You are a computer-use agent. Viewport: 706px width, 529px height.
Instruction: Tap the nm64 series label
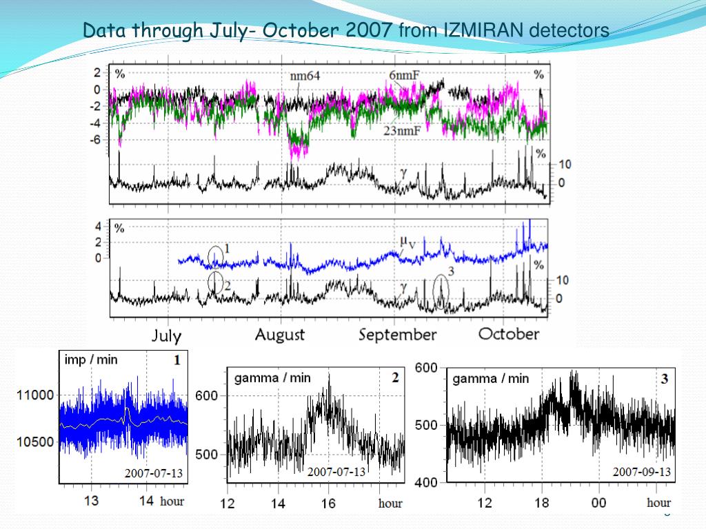point(304,75)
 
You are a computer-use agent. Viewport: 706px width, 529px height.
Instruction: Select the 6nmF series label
point(405,75)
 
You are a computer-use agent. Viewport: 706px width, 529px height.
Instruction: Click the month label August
point(279,335)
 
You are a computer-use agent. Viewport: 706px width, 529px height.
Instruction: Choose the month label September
point(398,335)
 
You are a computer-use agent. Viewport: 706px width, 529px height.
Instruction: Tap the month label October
point(509,334)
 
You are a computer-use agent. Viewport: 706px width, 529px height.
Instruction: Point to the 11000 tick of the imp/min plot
point(34,396)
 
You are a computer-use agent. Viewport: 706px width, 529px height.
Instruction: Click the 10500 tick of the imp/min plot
point(34,442)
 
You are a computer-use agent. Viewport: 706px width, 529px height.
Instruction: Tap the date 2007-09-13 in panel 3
point(642,472)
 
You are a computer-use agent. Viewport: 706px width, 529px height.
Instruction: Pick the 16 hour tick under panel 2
point(328,504)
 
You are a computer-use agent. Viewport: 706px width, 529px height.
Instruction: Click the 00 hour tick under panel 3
point(598,503)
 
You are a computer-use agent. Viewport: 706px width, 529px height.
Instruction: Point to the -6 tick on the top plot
point(97,139)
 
